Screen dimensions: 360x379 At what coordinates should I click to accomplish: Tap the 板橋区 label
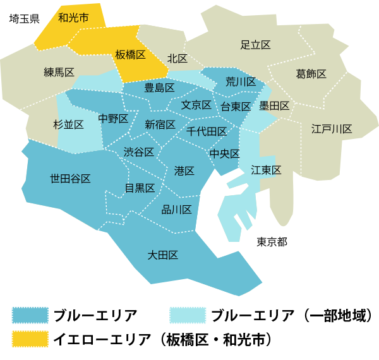131,56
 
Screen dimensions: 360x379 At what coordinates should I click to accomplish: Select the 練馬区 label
59,71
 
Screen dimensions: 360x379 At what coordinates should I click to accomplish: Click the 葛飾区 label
311,74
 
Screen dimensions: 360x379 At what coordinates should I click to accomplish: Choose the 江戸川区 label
331,129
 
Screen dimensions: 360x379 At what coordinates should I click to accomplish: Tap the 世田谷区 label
70,179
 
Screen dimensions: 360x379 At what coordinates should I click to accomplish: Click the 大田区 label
162,255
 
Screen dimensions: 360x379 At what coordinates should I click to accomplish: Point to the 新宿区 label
160,124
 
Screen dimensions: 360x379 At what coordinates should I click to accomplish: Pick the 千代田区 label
207,131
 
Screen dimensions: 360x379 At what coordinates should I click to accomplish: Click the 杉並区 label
69,124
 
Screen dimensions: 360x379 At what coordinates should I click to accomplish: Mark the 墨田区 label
274,105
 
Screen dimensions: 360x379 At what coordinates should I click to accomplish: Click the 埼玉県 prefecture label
24,18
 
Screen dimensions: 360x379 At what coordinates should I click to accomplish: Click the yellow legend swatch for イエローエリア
30,339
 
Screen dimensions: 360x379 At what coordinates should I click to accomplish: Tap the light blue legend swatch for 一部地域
189,315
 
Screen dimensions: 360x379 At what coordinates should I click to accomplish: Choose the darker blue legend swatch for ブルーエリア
30,315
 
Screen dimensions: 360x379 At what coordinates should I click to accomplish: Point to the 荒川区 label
241,82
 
